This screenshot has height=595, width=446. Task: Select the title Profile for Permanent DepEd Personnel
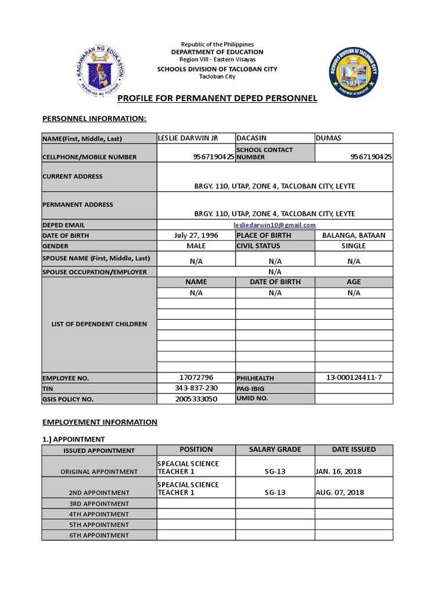[218, 98]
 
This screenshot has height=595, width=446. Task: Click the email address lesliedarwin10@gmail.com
[275, 225]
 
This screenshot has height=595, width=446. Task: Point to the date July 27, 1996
[196, 235]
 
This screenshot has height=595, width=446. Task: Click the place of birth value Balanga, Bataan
[354, 235]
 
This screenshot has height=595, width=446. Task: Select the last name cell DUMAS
[329, 138]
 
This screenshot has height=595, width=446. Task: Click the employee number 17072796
[196, 378]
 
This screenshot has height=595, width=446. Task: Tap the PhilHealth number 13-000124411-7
[354, 378]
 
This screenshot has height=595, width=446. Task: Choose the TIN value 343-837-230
[196, 388]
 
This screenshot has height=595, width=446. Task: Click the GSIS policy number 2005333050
[196, 399]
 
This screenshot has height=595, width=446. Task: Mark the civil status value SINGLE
[354, 246]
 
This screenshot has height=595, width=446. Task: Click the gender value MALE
[196, 246]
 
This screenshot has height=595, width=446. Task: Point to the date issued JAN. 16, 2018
[340, 472]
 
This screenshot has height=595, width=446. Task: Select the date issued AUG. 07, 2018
[340, 492]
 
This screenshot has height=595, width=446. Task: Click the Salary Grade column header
[275, 450]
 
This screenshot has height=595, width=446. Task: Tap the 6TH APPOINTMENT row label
[99, 535]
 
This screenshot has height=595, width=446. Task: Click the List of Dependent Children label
[99, 324]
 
